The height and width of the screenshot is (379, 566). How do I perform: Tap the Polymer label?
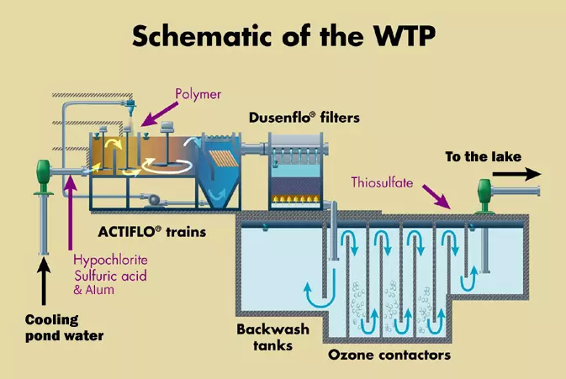[198, 94]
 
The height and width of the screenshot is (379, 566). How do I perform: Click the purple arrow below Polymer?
[159, 114]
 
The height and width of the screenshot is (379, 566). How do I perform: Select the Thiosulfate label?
[382, 182]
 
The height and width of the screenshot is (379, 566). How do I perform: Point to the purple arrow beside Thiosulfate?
[436, 197]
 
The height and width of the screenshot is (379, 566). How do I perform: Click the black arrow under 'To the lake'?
[516, 174]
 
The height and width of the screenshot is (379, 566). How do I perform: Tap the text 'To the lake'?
[484, 156]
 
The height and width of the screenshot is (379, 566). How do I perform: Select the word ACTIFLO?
[127, 231]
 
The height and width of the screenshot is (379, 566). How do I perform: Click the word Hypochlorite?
[110, 261]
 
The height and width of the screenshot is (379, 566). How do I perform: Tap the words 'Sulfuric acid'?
[110, 276]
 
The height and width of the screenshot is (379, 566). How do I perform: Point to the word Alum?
[99, 290]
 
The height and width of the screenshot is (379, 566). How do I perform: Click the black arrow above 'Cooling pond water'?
[44, 282]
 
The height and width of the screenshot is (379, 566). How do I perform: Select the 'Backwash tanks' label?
[272, 337]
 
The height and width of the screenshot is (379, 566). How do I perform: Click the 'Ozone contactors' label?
[389, 355]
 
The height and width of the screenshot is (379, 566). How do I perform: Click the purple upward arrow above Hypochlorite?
[71, 213]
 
